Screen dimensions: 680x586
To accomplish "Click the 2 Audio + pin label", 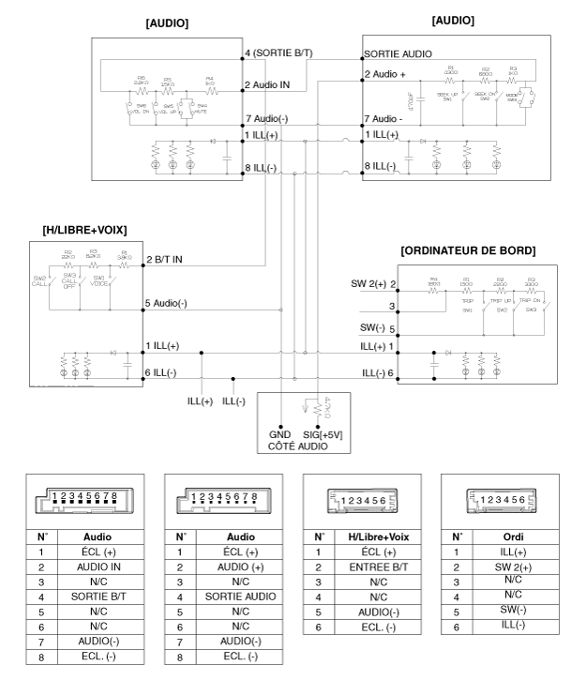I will tap(388, 73).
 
